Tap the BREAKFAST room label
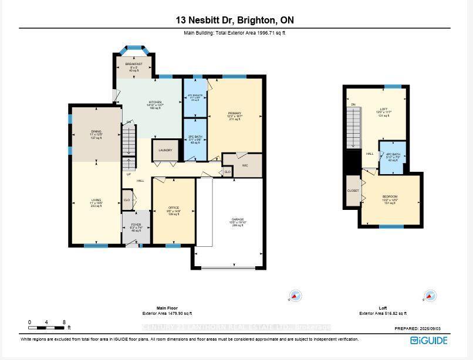tap(134, 63)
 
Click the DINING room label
tap(96, 131)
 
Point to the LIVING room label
tap(96, 200)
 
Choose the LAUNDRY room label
tap(165, 150)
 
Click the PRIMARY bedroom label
tap(235, 113)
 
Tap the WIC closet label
tap(245, 165)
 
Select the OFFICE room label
tap(173, 208)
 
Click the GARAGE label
tap(237, 219)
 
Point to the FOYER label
tap(136, 225)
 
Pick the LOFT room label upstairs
tap(384, 109)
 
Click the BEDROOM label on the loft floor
tap(390, 196)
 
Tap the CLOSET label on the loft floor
tap(353, 191)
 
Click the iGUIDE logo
tap(428, 340)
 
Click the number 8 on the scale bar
tap(63, 322)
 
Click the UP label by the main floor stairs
tap(128, 174)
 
